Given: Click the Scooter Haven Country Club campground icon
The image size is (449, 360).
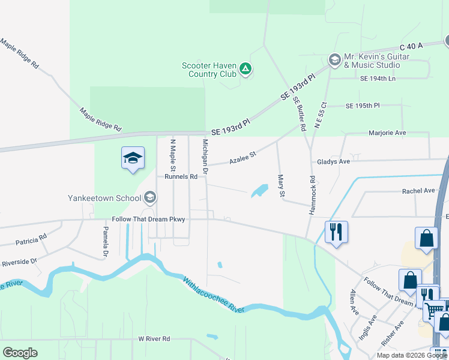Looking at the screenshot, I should [x=245, y=69].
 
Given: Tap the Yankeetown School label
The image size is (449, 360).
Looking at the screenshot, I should [x=104, y=197].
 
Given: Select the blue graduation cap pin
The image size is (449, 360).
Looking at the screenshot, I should [x=133, y=159].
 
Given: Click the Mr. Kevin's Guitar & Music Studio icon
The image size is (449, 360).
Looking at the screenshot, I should [x=334, y=60].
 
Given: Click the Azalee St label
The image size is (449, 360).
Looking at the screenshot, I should [x=243, y=158].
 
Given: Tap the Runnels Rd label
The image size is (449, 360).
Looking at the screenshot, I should [x=181, y=177].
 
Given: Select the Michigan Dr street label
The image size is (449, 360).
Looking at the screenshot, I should [x=205, y=157].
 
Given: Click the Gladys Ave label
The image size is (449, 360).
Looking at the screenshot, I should [x=333, y=162].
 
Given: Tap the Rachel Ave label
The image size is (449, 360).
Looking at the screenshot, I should [x=418, y=191].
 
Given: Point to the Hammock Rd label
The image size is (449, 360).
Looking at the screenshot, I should [x=312, y=195].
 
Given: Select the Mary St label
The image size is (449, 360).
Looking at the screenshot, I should [x=280, y=185].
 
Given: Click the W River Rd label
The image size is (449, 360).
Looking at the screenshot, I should [x=154, y=339].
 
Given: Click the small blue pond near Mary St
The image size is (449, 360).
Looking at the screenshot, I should [x=259, y=191].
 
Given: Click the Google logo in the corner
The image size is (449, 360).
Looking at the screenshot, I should [x=20, y=353].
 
